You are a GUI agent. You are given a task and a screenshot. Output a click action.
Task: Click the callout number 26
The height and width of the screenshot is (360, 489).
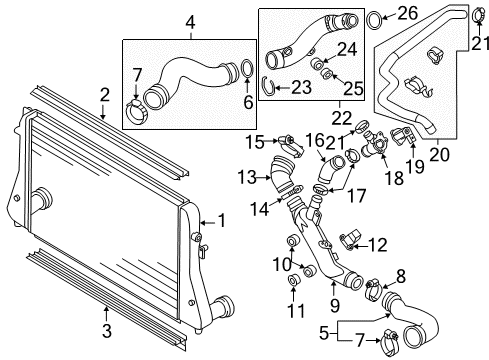[406, 14]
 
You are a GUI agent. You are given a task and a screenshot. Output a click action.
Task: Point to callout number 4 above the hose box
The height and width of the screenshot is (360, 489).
[190, 23]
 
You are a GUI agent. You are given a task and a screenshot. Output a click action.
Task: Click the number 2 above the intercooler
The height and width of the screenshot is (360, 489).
[105, 95]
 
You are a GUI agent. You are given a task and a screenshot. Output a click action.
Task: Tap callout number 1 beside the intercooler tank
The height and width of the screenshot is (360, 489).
[221, 221]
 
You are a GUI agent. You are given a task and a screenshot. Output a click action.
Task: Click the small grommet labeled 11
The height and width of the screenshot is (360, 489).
[293, 280]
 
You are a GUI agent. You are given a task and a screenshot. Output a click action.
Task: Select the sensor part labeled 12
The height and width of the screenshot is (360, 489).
[351, 240]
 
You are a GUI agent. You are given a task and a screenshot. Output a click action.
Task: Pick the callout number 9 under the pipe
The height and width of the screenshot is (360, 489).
[334, 305]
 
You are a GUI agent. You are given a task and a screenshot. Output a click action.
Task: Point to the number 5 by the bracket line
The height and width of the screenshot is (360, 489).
[324, 333]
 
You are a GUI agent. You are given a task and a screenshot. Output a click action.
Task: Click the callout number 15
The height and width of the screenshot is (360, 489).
[255, 142]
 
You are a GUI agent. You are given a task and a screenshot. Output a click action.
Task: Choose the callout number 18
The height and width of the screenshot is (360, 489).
[394, 178]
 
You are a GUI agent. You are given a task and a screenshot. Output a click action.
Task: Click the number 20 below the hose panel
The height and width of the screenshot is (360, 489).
[439, 154]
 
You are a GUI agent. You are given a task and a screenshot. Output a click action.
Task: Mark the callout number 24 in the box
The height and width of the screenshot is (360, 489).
[347, 49]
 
